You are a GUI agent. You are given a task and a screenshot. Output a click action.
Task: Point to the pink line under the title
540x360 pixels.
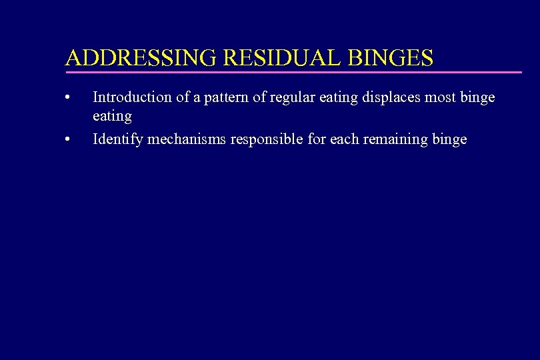coord(293,71)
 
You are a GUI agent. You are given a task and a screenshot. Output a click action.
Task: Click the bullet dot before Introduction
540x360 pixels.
coord(68,98)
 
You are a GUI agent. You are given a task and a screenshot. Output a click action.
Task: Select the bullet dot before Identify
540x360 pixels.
coord(68,140)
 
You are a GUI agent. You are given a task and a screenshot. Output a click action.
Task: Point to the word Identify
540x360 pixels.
coord(117,139)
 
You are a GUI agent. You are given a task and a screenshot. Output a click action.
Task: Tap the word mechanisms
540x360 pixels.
coord(186,139)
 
